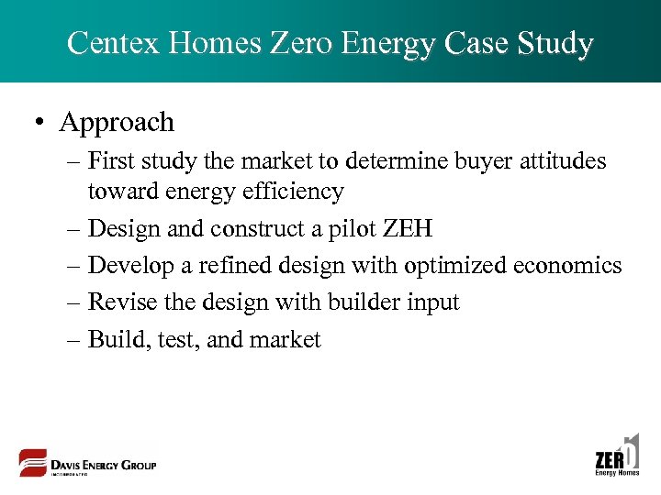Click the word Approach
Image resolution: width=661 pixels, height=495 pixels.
point(117,122)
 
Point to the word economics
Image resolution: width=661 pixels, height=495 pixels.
point(568,266)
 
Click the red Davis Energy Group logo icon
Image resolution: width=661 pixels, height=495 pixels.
point(33,463)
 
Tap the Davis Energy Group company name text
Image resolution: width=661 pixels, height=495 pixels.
point(104,465)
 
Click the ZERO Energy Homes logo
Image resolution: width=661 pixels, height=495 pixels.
point(617,456)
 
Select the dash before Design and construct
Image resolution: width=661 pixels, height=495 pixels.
point(74,229)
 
